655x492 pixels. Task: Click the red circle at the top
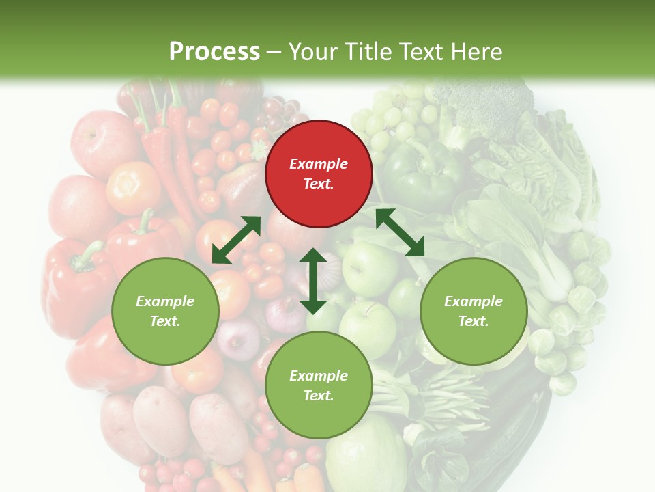coord(319,174)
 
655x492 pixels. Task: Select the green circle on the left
coord(165,311)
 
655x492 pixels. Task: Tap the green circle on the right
coord(474,311)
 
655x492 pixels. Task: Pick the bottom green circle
coord(319,385)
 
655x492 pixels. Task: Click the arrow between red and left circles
coord(236,240)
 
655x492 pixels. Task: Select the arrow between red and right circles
coord(400,232)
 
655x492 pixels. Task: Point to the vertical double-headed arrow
coord(313,281)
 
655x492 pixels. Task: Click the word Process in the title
coord(214,51)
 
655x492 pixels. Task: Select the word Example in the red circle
coord(319,164)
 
